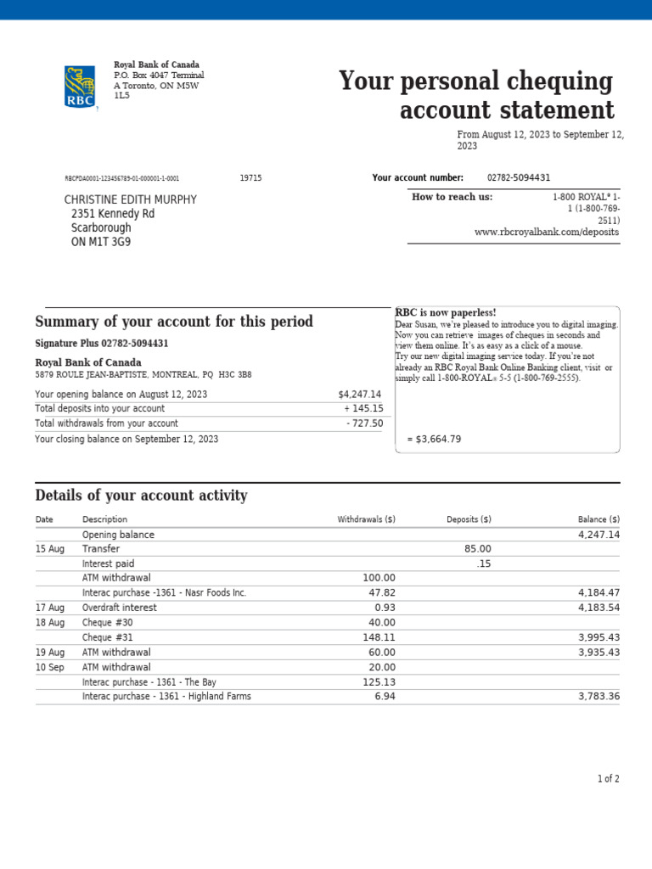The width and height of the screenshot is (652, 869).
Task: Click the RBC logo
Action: click(x=81, y=87)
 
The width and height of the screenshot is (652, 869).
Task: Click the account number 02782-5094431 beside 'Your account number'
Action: click(x=518, y=177)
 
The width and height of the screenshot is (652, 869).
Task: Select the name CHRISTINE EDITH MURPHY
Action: click(x=130, y=199)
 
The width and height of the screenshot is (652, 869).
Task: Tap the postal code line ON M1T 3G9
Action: click(x=101, y=242)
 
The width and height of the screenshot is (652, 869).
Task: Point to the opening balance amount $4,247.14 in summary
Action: click(x=360, y=395)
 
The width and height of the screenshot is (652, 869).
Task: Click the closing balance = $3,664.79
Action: click(x=434, y=439)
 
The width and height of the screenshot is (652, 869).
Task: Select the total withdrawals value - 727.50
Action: click(x=364, y=423)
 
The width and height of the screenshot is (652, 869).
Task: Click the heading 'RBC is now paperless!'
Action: click(x=446, y=313)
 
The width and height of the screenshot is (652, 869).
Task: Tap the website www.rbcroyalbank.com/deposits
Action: click(x=547, y=232)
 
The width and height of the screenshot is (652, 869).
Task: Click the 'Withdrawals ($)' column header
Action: click(x=366, y=519)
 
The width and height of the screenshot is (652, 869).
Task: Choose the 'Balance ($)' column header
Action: click(x=599, y=519)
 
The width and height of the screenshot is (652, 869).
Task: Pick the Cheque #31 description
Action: click(x=108, y=637)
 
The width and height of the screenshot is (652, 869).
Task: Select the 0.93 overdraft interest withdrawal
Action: click(x=385, y=608)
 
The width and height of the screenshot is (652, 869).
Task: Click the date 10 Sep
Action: click(x=49, y=667)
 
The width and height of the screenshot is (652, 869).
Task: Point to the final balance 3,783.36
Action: click(x=599, y=697)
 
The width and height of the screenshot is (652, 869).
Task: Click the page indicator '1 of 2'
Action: click(x=608, y=778)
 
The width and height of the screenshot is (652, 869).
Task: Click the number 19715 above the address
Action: click(x=250, y=178)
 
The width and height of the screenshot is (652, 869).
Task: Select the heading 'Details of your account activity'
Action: click(x=141, y=496)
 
